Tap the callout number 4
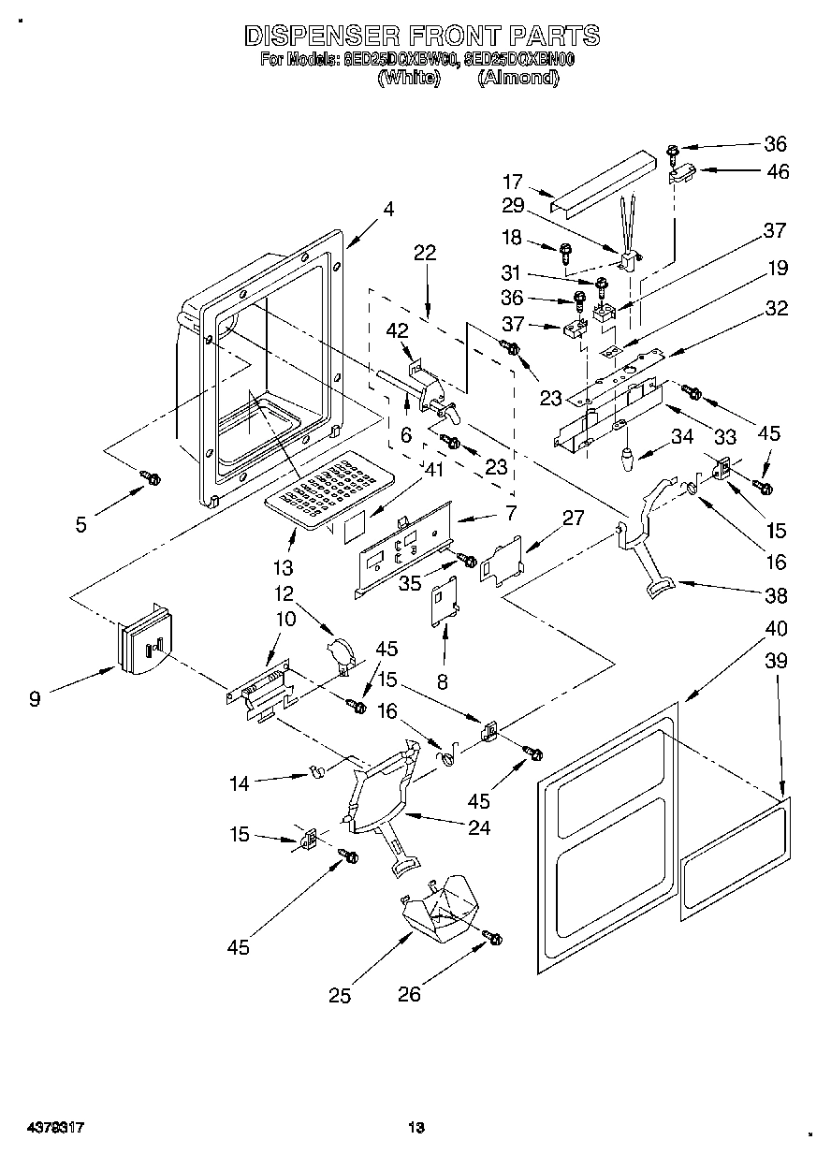[x=387, y=211]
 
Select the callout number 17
[x=512, y=183]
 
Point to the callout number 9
[x=35, y=697]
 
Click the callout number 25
[x=340, y=996]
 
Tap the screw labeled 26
[x=493, y=937]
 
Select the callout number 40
[x=776, y=628]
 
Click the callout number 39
[x=776, y=662]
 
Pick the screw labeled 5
[x=149, y=478]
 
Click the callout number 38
[x=776, y=595]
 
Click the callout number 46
[x=777, y=171]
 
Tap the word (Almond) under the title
[x=518, y=79]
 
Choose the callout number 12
[x=284, y=593]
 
